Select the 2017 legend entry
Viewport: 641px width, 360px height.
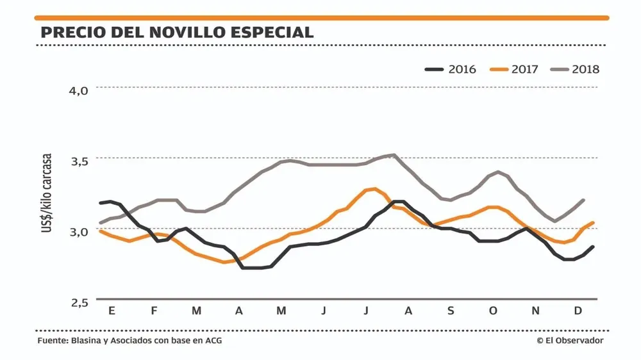(x=513, y=69)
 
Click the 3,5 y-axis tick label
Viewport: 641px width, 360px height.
(x=78, y=160)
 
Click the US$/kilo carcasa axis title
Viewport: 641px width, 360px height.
(x=47, y=192)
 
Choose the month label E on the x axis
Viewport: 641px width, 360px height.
(x=112, y=311)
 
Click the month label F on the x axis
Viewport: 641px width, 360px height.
(x=154, y=311)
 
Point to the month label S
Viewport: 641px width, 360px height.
(x=451, y=311)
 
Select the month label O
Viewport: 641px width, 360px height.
(x=493, y=311)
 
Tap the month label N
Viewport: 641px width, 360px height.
(x=536, y=311)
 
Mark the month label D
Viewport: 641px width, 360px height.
(x=578, y=311)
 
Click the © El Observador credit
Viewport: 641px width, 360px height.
(x=570, y=341)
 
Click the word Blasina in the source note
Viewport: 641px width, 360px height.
(x=85, y=341)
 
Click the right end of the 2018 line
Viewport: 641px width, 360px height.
(x=583, y=200)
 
